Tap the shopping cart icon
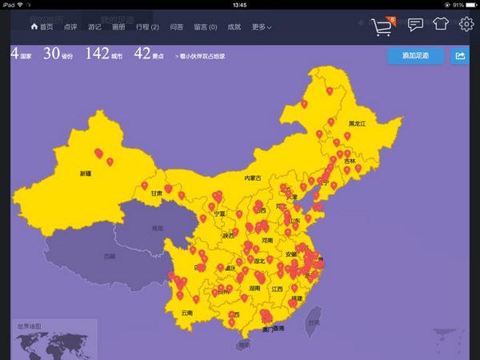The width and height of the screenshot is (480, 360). [382, 28]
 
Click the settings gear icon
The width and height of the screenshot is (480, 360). [466, 25]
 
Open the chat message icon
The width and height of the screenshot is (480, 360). [415, 25]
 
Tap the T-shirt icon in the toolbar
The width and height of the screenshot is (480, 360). [441, 25]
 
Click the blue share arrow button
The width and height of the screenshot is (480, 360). [460, 56]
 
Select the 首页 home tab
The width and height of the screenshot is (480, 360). [42, 27]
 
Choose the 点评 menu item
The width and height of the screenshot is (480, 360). [70, 27]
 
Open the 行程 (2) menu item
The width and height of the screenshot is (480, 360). [147, 27]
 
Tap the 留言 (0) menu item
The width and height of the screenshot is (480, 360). [206, 27]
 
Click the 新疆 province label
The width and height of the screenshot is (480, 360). [86, 173]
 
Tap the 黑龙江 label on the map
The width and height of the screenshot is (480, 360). [357, 124]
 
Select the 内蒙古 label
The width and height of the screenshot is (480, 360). [253, 178]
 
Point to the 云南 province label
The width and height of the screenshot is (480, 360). [187, 313]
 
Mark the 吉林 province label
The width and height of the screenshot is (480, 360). [349, 161]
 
